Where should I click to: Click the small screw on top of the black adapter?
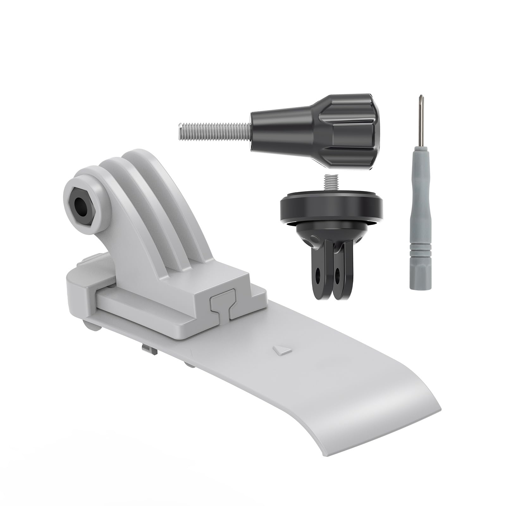(330, 183)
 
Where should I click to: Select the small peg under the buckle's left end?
(92, 326)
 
